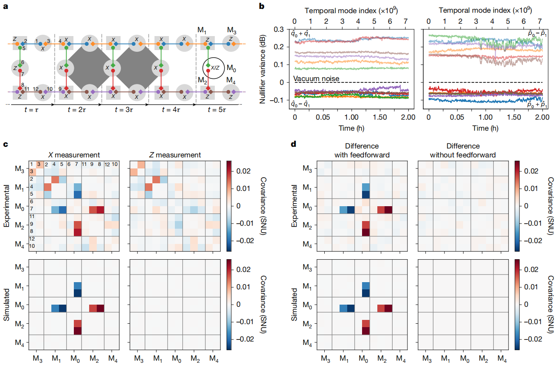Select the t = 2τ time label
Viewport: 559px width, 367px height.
[79, 109]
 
